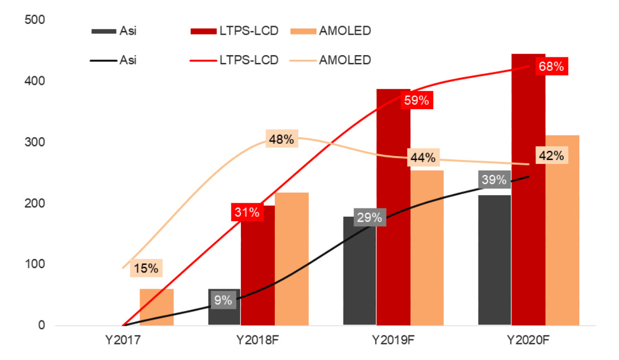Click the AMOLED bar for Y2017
[x=157, y=307]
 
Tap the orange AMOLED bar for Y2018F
[x=292, y=259]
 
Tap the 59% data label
[x=416, y=101]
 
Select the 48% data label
[x=281, y=139]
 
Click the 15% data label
[x=146, y=268]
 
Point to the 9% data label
[x=223, y=300]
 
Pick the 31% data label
[x=246, y=212]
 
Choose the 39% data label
[x=494, y=179]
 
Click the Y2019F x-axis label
[x=393, y=339]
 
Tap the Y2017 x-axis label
[x=123, y=339]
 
